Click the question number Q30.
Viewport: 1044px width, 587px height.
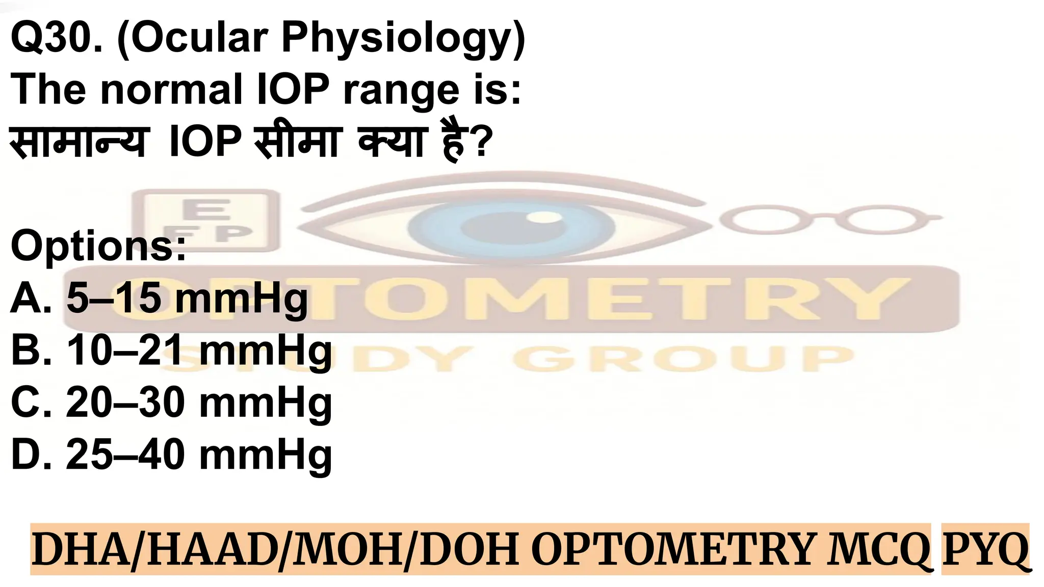pyautogui.click(x=56, y=38)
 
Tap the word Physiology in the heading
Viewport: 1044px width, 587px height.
pyautogui.click(x=403, y=38)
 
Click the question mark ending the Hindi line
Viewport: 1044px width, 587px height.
pyautogui.click(x=482, y=142)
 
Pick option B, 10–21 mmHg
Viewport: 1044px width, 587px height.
pyautogui.click(x=171, y=351)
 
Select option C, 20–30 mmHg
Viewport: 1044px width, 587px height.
pyautogui.click(x=171, y=403)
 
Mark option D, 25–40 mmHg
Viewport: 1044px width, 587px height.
pyautogui.click(x=171, y=455)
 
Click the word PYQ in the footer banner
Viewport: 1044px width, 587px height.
pyautogui.click(x=985, y=549)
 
